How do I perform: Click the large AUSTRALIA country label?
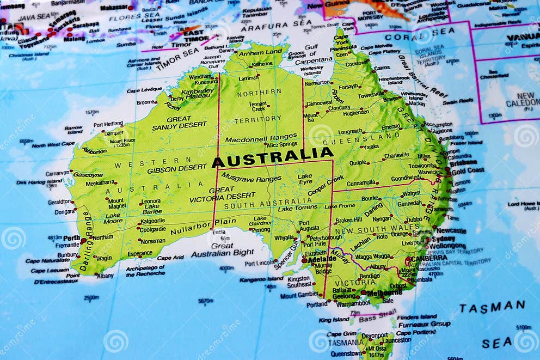tap(273, 157)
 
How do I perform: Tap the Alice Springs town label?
tap(281, 144)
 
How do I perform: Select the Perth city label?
tap(71, 238)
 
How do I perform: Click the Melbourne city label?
tap(384, 293)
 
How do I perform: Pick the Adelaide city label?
tap(322, 260)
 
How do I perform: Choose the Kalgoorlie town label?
tap(152, 221)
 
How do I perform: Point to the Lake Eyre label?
tap(305, 180)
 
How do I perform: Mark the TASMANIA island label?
tap(343, 342)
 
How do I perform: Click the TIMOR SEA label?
tap(177, 59)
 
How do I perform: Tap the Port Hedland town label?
tap(108, 124)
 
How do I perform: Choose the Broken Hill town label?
tap(348, 220)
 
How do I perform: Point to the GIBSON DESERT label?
tap(177, 169)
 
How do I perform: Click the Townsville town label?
tap(371, 95)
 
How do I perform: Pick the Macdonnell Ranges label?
tap(261, 139)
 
